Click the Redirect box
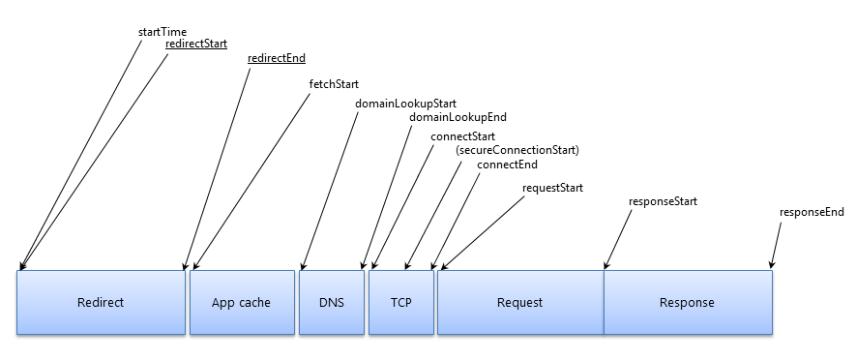101,302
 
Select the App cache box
241,302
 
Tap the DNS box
331,302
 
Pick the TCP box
400,302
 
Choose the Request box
519,302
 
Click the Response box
687,302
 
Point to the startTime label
163,32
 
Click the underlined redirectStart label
195,44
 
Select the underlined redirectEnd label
277,58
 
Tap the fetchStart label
334,84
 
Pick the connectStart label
463,136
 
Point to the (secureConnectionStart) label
517,150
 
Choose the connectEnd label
507,165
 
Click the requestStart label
552,187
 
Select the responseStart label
663,201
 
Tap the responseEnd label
812,212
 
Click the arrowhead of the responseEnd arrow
771,265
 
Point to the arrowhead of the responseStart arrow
606,265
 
